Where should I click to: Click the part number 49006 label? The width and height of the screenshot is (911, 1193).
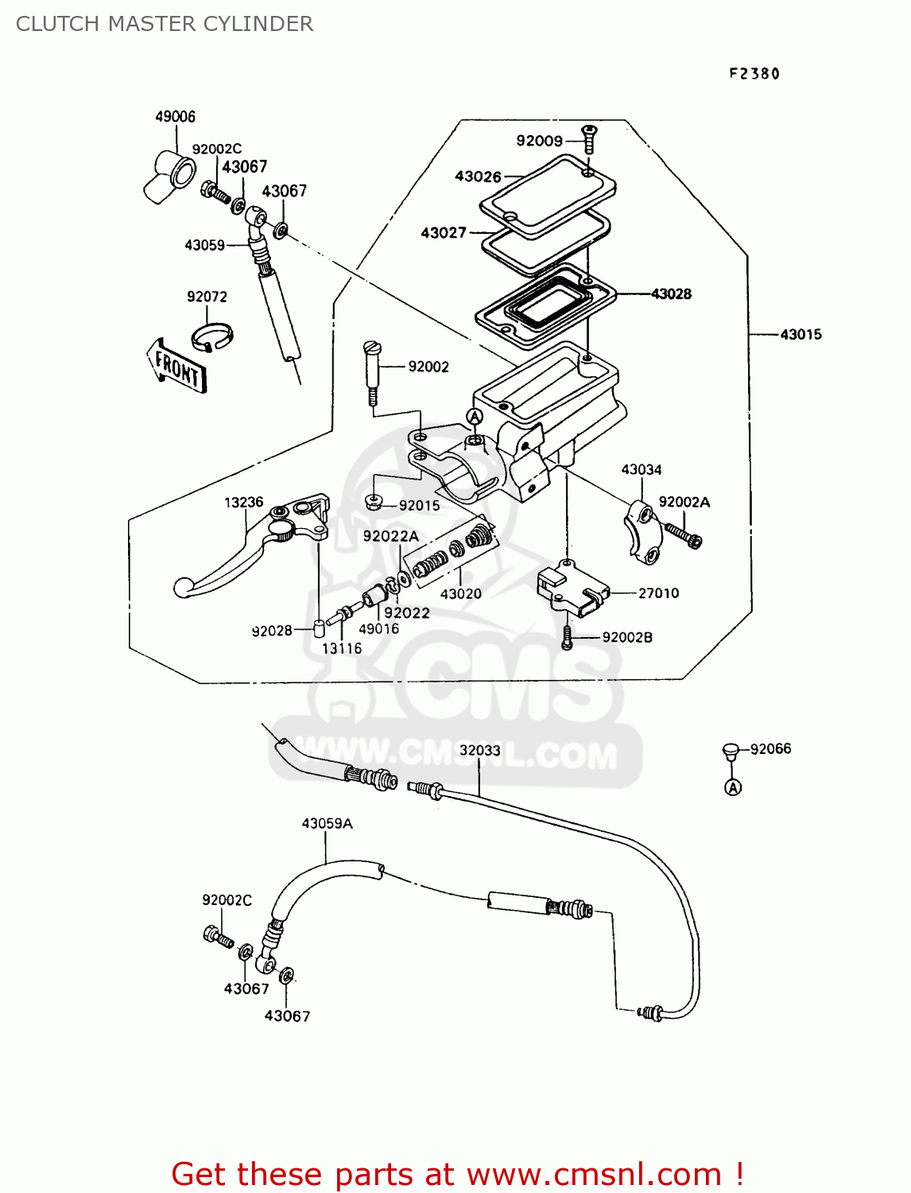coord(175,117)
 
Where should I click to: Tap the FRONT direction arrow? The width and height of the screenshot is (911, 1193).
coord(176,367)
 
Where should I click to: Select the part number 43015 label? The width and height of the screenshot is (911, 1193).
coord(801,335)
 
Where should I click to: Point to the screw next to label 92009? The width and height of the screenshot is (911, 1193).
coord(589,139)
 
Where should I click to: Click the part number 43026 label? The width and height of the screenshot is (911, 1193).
coord(478,177)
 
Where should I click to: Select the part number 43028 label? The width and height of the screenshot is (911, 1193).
coord(671,294)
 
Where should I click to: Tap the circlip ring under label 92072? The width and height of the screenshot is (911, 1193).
coord(211,336)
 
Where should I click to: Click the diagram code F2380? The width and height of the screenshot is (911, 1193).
coord(754,74)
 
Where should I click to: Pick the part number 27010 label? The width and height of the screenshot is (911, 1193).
coord(658,593)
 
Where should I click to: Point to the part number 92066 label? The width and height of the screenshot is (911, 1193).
coord(770,749)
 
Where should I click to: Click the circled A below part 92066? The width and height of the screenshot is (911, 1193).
coord(733,787)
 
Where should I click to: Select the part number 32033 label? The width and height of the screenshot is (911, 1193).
coord(479,751)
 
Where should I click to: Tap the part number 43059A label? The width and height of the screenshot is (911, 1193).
coord(327,824)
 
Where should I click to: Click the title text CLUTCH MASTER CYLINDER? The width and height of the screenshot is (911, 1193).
coord(165,24)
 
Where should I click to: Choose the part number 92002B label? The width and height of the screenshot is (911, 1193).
coord(627,638)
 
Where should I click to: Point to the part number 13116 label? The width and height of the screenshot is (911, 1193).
coord(342,649)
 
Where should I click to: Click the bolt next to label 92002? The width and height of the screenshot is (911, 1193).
coord(371,371)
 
